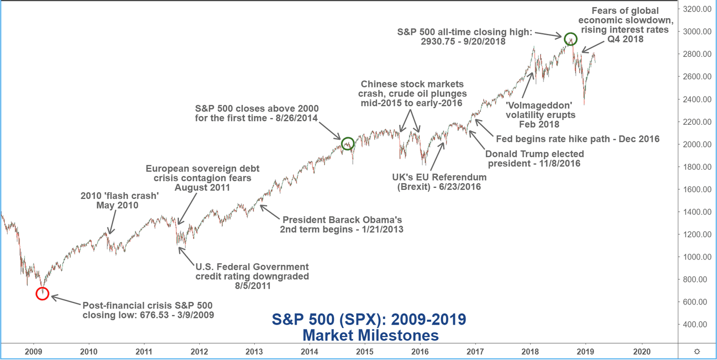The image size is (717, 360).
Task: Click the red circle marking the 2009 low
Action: pos(42,293)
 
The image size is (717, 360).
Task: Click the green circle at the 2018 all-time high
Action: pos(570,39)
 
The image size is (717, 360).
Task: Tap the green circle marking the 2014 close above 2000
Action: pos(348,143)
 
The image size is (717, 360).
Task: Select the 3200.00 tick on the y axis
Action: pos(697,9)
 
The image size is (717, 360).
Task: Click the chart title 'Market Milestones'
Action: pos(370,335)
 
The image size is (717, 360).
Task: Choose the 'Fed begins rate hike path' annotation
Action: pos(577,139)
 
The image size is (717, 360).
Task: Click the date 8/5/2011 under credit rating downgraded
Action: pos(251,286)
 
